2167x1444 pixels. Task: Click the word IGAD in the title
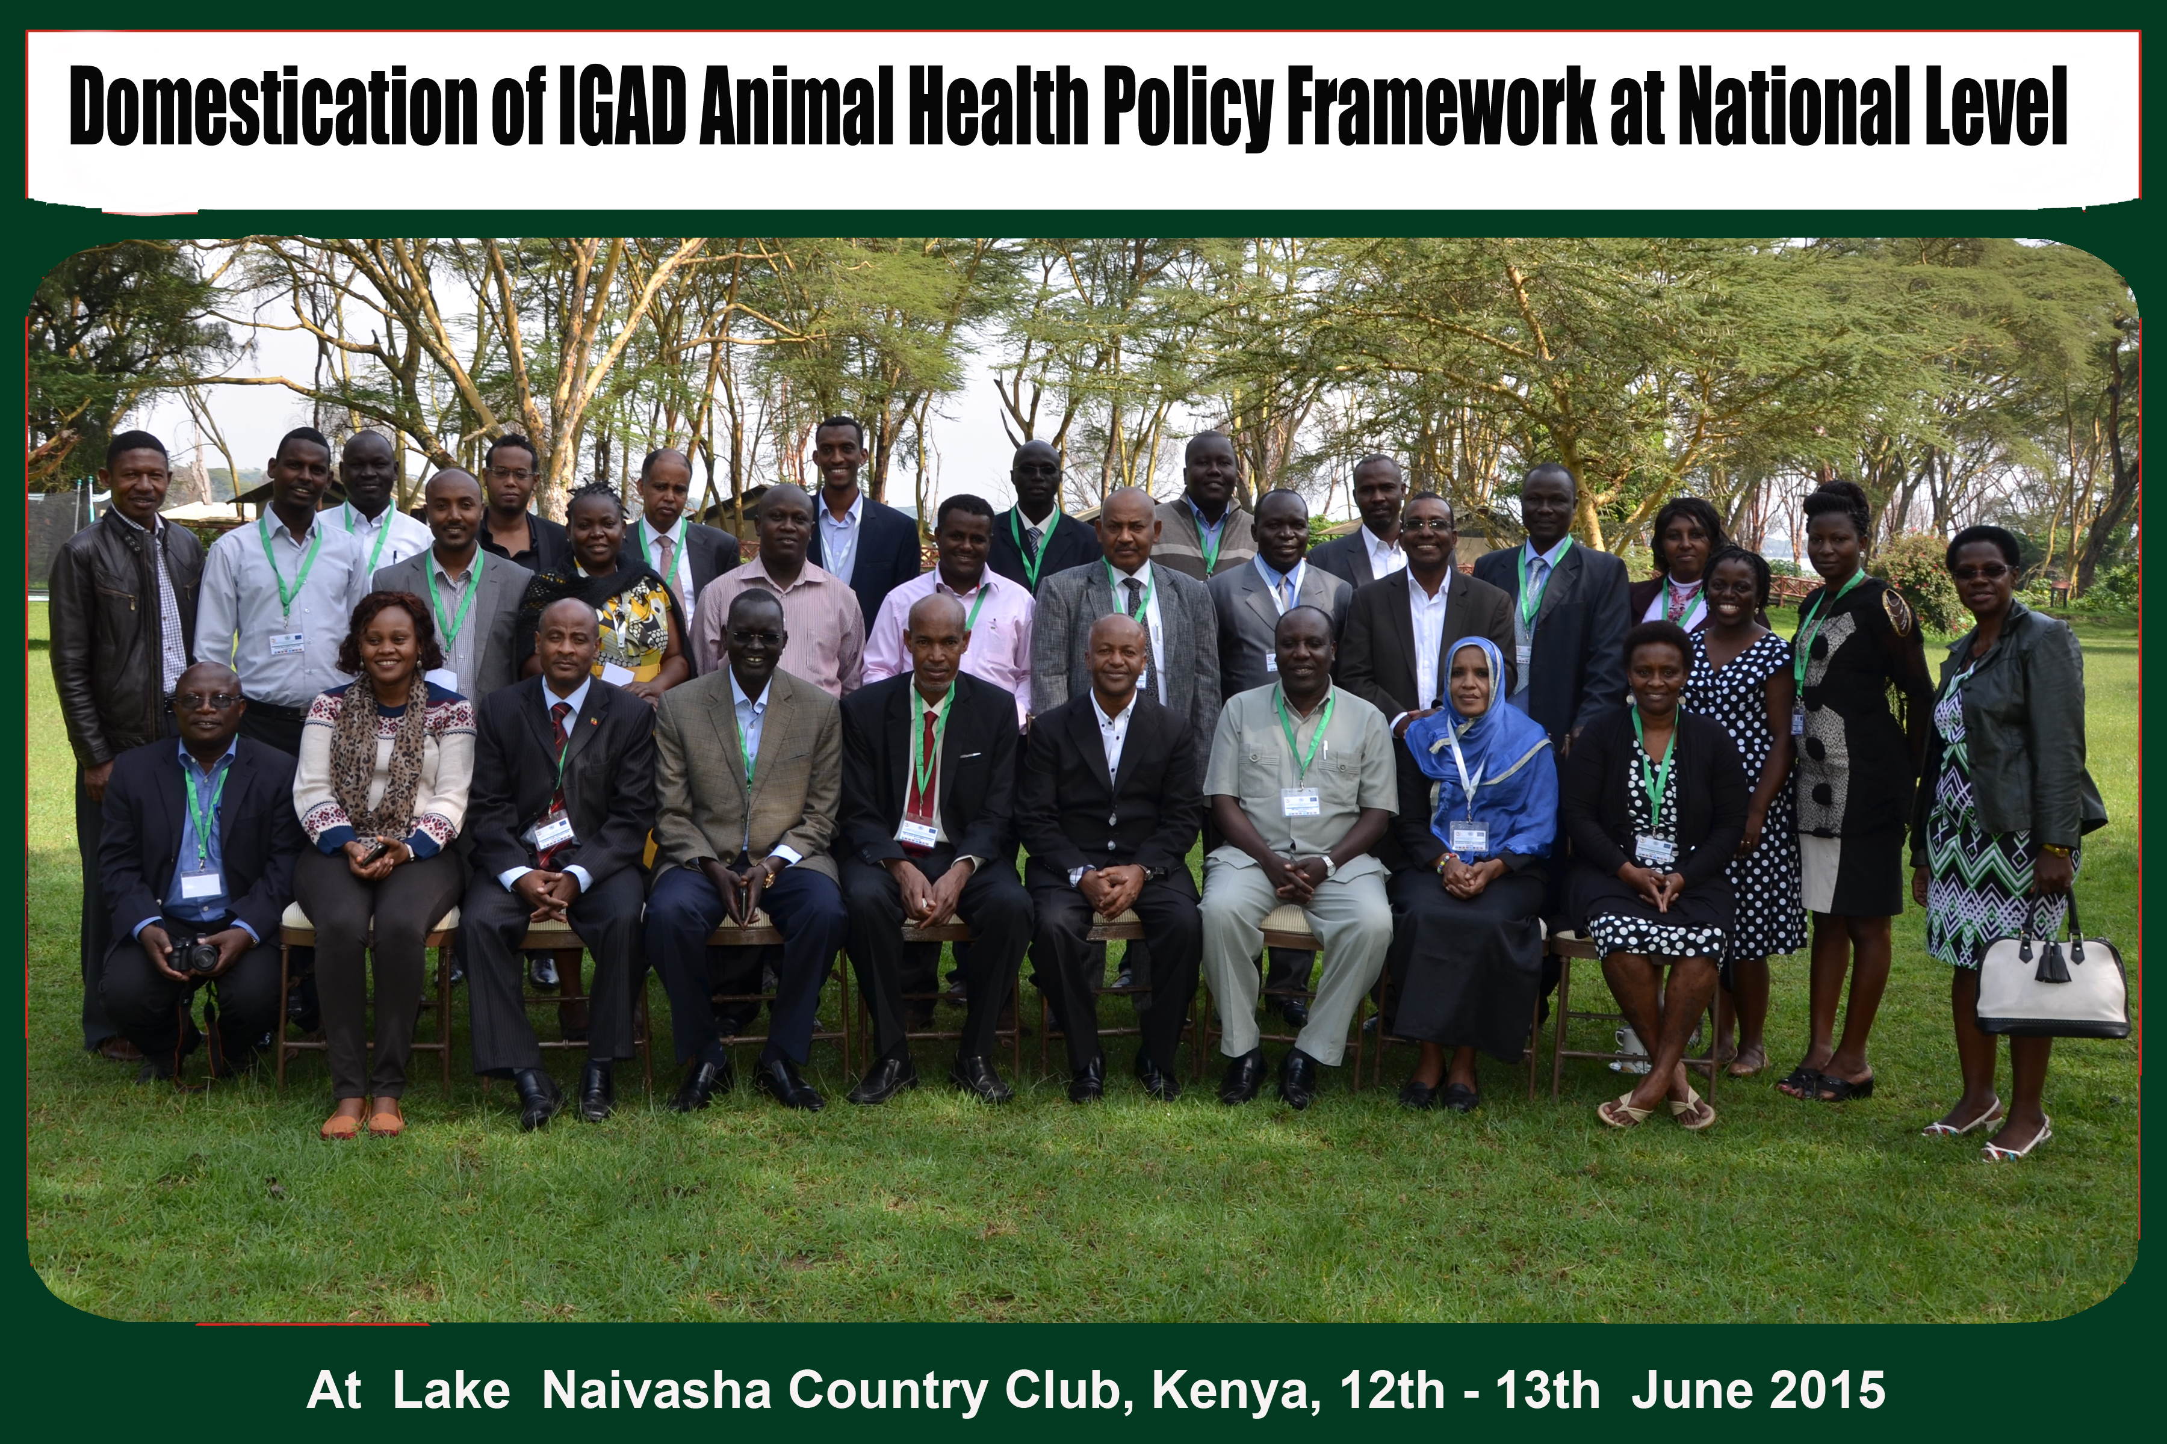coord(622,109)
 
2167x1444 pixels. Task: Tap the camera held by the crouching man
coord(195,954)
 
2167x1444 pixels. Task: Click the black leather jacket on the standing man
coord(120,626)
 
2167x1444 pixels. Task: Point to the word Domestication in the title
coord(273,109)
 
